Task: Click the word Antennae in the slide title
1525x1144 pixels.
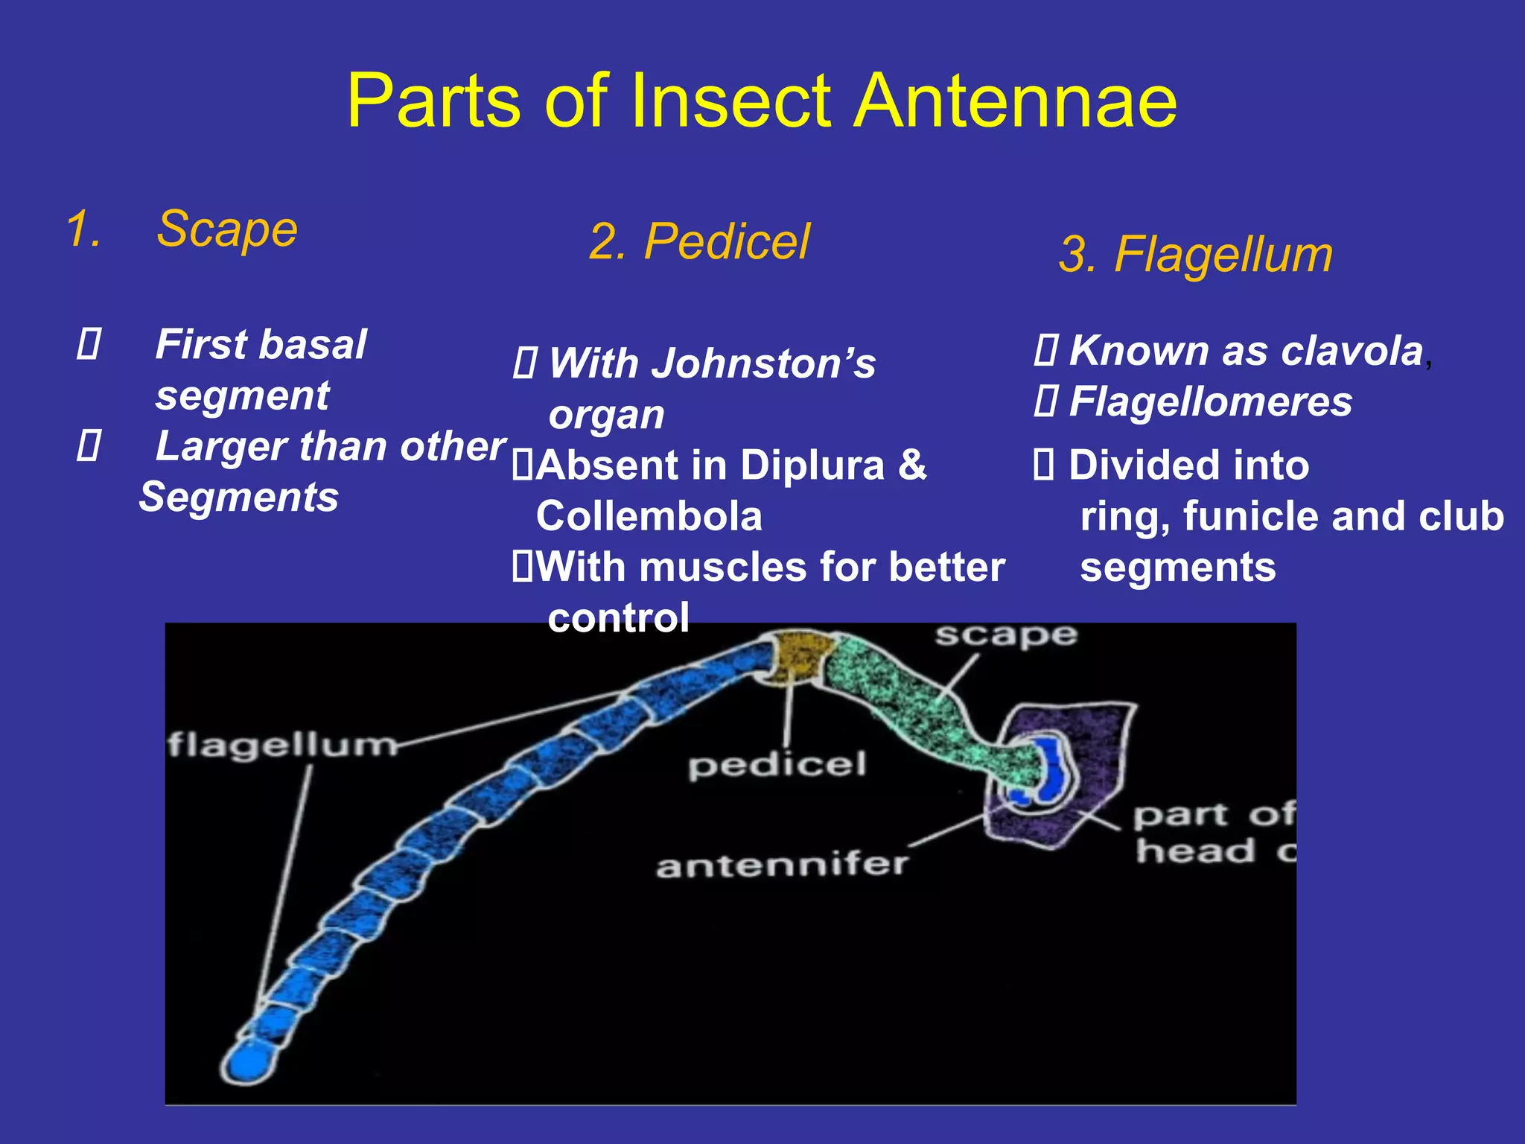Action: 1016,102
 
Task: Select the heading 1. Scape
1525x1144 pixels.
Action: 182,229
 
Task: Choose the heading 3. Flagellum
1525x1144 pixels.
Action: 1195,255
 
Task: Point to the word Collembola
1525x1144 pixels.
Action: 649,516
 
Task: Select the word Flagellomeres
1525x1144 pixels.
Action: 1210,402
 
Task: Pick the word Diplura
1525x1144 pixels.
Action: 812,465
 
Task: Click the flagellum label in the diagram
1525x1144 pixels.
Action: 282,745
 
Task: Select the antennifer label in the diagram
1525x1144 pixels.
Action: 781,865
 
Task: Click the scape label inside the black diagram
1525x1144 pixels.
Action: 1005,635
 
